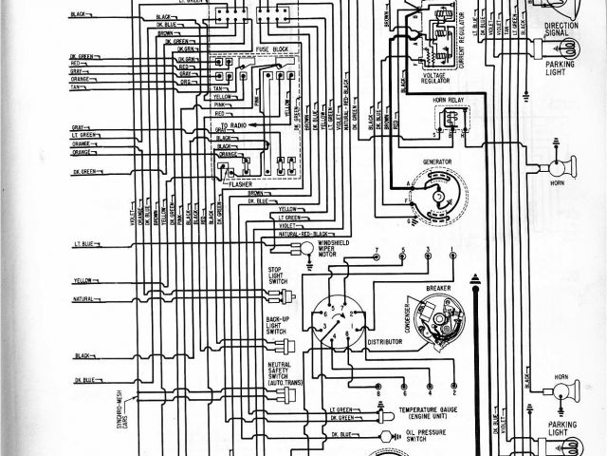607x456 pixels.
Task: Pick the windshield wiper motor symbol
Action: [x=307, y=245]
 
